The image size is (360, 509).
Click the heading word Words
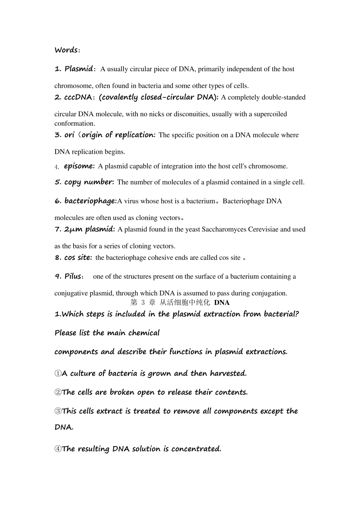click(x=66, y=50)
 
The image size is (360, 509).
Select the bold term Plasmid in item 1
click(x=78, y=69)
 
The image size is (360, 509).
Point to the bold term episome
click(x=79, y=166)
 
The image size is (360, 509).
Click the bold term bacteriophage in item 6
click(x=90, y=201)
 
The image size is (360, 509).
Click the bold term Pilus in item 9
click(x=73, y=276)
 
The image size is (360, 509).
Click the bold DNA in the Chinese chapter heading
click(x=222, y=303)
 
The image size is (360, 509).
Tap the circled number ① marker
click(x=58, y=373)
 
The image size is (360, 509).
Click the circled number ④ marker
click(x=58, y=449)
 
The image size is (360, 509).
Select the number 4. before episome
click(x=57, y=167)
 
